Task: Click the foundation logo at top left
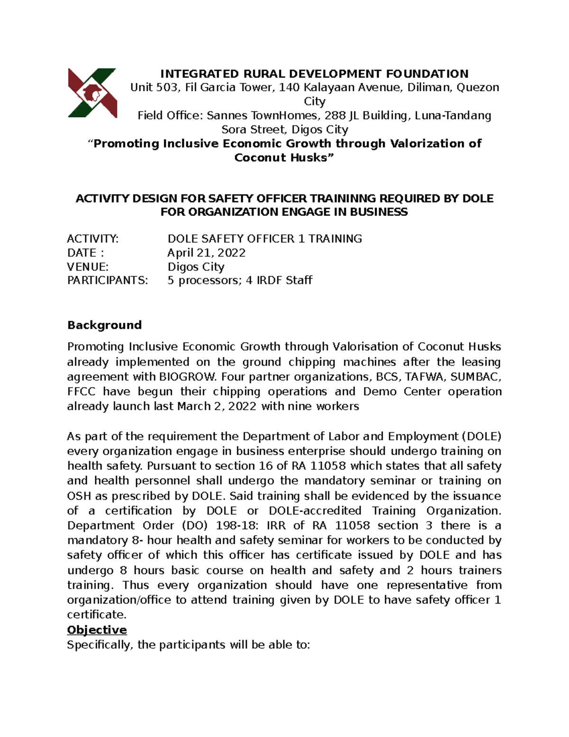point(92,93)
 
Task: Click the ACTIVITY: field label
point(93,239)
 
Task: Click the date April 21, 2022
point(206,253)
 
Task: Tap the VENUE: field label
point(88,267)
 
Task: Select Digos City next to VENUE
point(196,267)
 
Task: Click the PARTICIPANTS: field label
point(108,280)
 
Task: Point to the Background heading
point(104,325)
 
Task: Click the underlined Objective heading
point(97,630)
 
